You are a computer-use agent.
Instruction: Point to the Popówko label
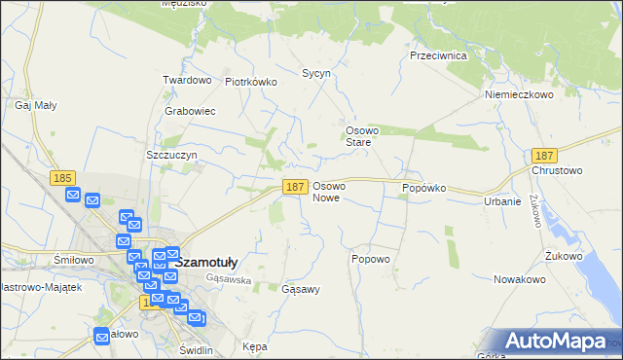[423, 187]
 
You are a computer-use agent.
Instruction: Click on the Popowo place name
[370, 259]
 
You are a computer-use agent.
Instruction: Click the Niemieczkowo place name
[519, 95]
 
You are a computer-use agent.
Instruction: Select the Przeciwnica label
[438, 56]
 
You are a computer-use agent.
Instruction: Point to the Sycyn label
[316, 73]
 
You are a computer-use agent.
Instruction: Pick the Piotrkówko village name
[251, 83]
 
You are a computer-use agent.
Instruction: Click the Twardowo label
[187, 80]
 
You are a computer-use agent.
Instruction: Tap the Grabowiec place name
[190, 111]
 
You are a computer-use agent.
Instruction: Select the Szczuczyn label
[171, 155]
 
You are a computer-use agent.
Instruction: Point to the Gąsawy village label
[300, 290]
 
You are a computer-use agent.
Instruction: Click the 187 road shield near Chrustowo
[544, 156]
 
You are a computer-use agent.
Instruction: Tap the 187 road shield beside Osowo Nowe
[295, 186]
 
